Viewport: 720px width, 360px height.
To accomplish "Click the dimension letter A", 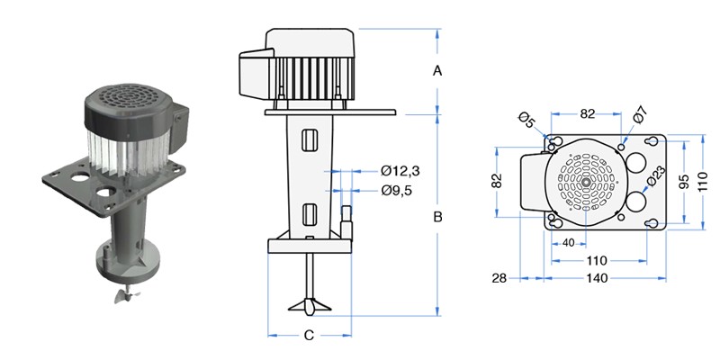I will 437,69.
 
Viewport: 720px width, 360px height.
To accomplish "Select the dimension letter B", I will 438,216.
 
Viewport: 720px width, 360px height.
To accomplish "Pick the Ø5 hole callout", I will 528,118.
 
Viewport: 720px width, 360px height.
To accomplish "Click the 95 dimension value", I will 685,183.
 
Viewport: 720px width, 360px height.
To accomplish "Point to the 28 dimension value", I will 500,278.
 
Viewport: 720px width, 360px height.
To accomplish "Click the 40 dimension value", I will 568,243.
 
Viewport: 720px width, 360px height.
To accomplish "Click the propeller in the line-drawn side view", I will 310,305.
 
